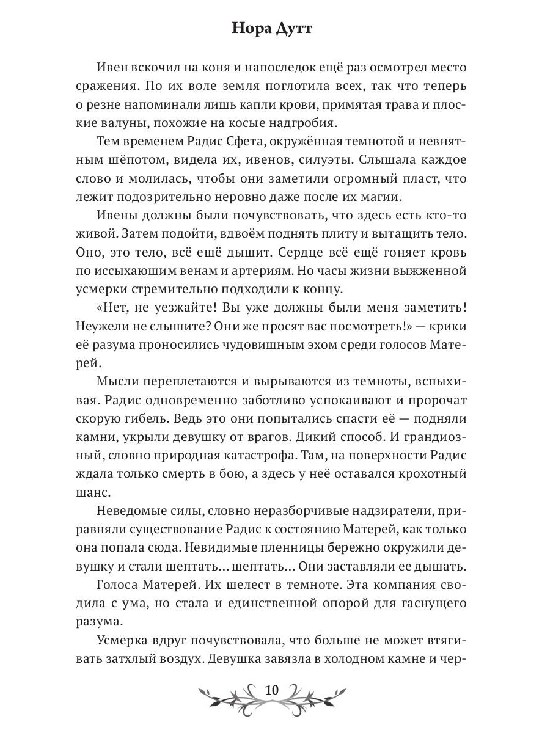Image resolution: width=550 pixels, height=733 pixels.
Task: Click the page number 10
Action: [272, 690]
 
